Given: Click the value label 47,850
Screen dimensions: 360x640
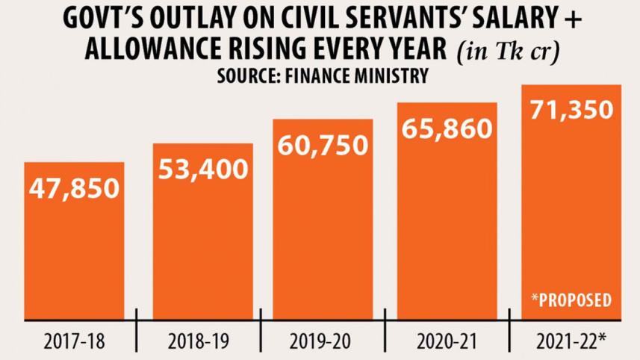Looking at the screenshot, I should point(74,188).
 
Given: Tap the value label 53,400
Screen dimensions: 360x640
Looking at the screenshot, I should point(203,170).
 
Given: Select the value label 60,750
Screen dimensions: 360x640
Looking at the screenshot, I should point(323,145).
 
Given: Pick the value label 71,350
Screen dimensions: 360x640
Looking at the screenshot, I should point(571,111).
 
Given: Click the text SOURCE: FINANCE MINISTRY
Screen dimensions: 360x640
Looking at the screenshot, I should point(323,75).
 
